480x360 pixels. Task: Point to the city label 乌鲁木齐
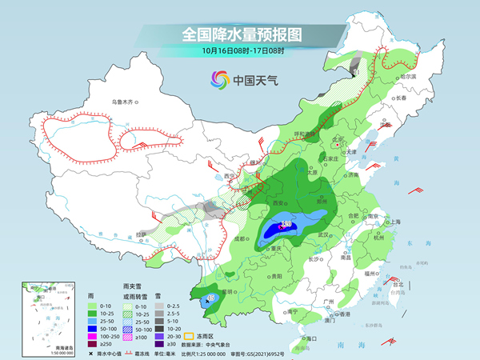coord(126,102)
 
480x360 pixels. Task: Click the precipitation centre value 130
coord(285,226)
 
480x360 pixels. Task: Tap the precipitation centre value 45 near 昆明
coord(210,298)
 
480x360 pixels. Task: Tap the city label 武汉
coord(323,234)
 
